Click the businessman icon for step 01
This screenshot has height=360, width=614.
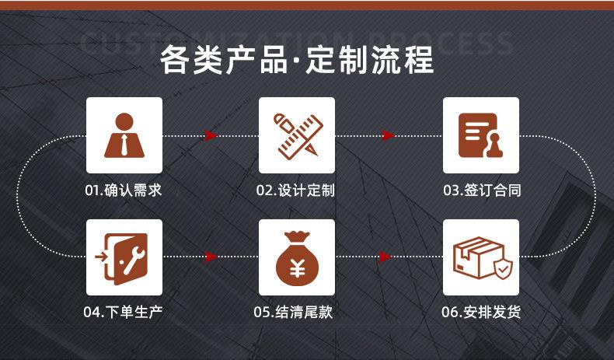pyautogui.click(x=124, y=135)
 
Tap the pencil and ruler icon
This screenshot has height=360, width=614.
pyautogui.click(x=296, y=135)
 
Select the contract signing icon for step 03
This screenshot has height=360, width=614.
pyautogui.click(x=480, y=135)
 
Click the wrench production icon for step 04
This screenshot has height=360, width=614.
pyautogui.click(x=124, y=257)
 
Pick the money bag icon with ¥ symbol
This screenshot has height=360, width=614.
pyautogui.click(x=296, y=257)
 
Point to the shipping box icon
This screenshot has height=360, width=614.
pyautogui.click(x=480, y=257)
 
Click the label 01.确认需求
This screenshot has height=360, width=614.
pyautogui.click(x=124, y=190)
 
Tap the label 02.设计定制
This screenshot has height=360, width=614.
pyautogui.click(x=295, y=190)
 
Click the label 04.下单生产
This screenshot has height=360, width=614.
pyautogui.click(x=124, y=313)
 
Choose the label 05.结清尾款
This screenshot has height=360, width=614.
pyautogui.click(x=295, y=313)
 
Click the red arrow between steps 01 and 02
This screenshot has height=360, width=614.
pyautogui.click(x=211, y=136)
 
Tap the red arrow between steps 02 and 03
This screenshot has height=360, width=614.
pyautogui.click(x=389, y=136)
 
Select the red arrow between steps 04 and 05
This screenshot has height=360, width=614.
pyautogui.click(x=211, y=256)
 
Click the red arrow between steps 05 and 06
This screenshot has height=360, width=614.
pyautogui.click(x=384, y=256)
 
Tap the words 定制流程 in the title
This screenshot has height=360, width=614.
pyautogui.click(x=370, y=60)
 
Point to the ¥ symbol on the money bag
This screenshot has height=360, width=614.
pyautogui.click(x=296, y=267)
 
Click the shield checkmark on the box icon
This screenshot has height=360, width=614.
pyautogui.click(x=504, y=268)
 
